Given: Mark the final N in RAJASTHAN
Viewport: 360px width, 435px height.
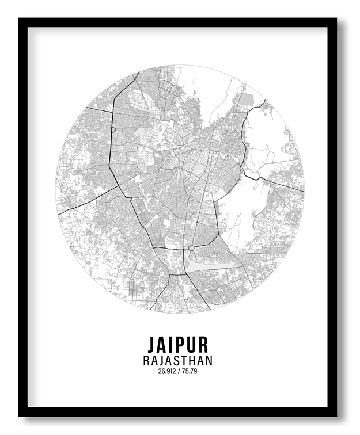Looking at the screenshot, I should [x=209, y=361].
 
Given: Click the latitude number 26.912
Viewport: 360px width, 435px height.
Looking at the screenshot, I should [x=168, y=371].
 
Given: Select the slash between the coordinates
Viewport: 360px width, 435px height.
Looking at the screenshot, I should [x=179, y=371].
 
